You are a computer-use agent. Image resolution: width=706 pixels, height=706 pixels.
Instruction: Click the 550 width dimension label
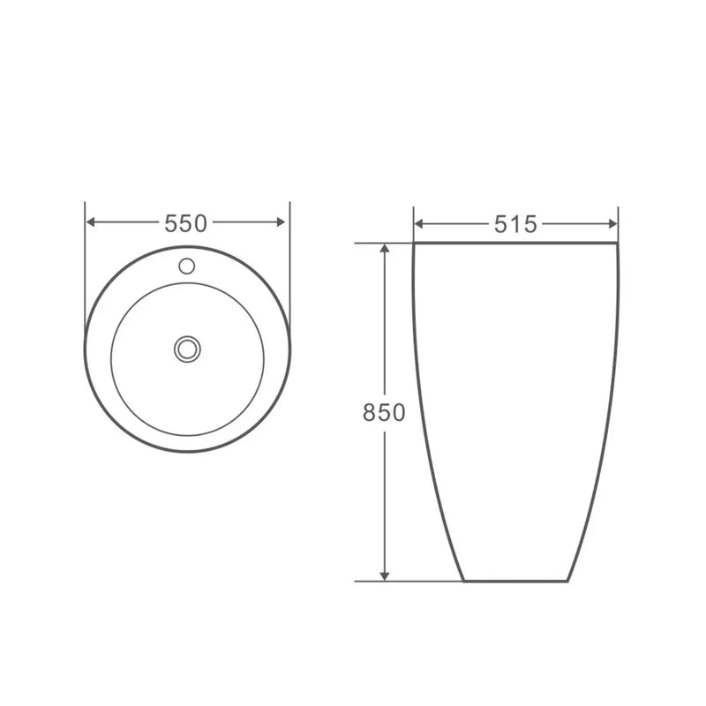(186, 223)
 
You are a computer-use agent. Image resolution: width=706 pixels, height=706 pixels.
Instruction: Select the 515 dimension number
(515, 224)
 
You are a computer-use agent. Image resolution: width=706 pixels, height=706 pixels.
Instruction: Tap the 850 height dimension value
(384, 412)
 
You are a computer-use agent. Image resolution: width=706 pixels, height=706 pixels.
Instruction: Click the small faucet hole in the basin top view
(186, 264)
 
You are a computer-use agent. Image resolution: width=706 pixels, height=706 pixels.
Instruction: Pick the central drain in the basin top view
(186, 348)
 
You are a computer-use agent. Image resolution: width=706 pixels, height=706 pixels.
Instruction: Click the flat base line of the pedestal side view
(515, 582)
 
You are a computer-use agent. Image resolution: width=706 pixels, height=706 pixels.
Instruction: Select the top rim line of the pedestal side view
(515, 243)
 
